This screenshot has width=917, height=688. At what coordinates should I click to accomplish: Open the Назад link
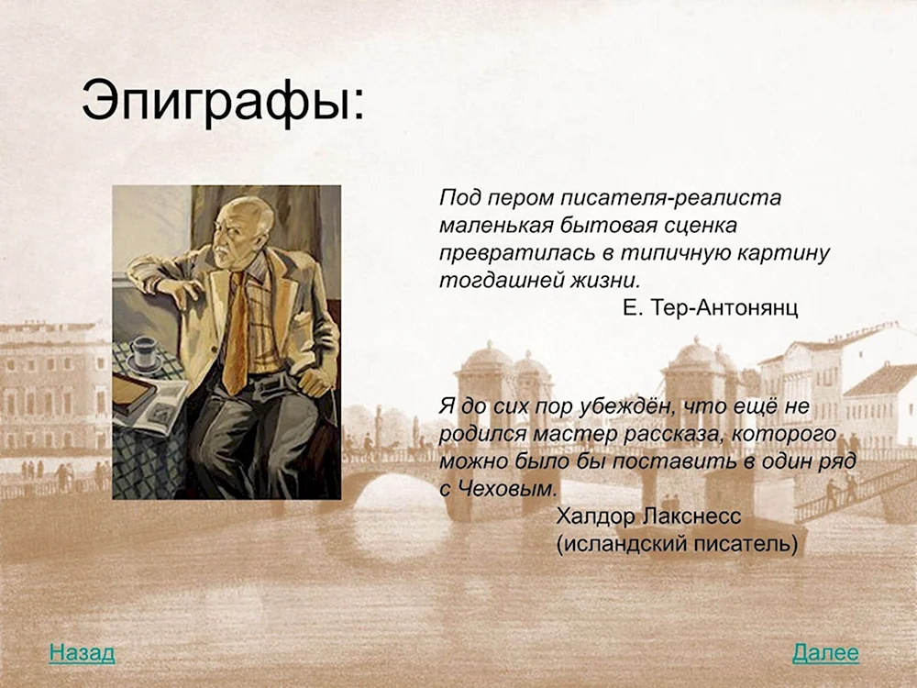[82, 653]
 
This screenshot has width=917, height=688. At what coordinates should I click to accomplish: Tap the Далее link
[825, 653]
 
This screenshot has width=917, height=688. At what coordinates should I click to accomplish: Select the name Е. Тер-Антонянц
[710, 308]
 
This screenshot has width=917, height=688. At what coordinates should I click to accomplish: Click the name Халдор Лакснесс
[647, 516]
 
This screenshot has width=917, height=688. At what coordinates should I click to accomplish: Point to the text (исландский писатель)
[677, 544]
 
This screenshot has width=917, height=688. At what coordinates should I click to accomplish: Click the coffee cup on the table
[144, 351]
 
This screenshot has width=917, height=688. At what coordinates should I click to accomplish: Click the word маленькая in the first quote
[493, 225]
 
